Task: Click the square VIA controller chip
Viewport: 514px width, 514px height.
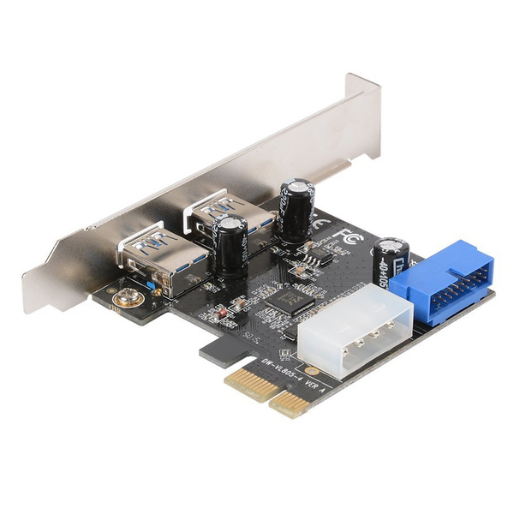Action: click(x=290, y=299)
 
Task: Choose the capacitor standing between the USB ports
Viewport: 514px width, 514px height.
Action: click(x=231, y=245)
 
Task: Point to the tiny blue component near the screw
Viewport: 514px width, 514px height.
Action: click(x=152, y=287)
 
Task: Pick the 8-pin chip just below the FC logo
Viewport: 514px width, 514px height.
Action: click(x=322, y=256)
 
